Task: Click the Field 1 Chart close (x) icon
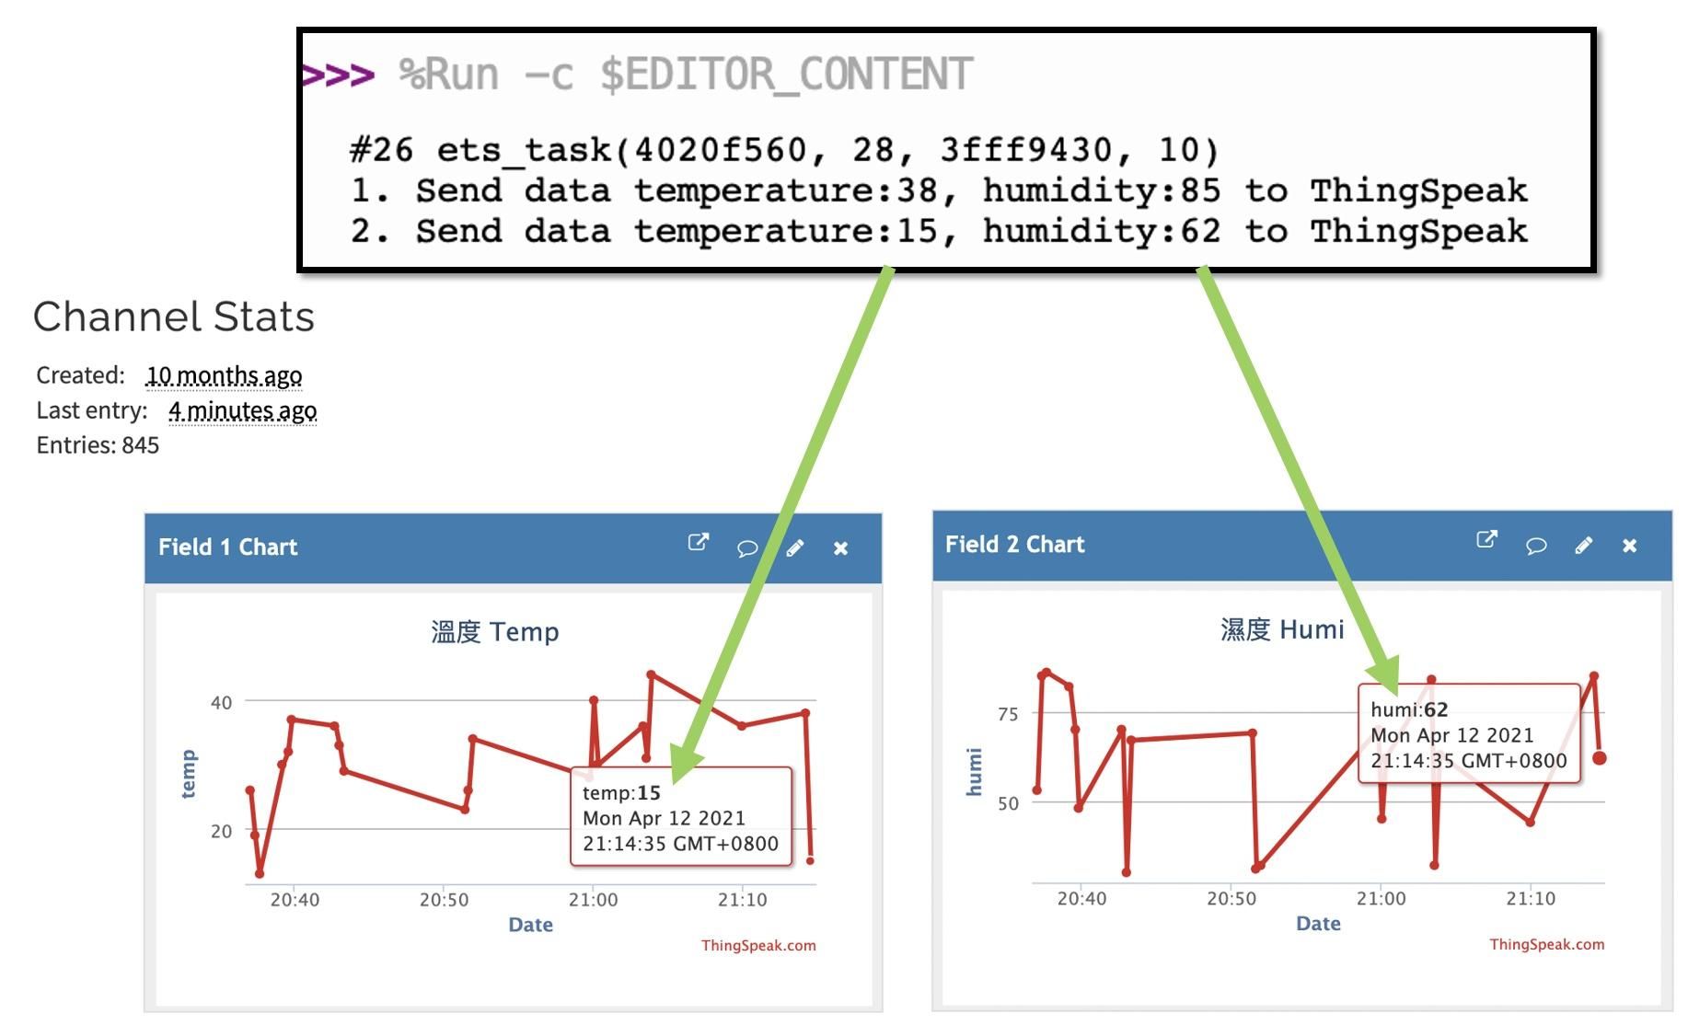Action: (840, 548)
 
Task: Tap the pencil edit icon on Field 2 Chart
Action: (1583, 546)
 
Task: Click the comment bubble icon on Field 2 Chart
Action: (1535, 546)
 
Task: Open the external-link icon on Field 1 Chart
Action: (699, 543)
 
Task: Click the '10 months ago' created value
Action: (224, 375)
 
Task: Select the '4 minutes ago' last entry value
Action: (242, 410)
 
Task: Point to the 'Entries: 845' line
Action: (98, 445)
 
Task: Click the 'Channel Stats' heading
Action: (174, 317)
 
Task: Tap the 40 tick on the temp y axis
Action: (221, 703)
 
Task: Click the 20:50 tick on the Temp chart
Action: (444, 900)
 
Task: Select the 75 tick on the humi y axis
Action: (1008, 714)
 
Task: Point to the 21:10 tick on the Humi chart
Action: (1531, 898)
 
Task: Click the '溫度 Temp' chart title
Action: (495, 632)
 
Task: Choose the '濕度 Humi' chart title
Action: (1282, 629)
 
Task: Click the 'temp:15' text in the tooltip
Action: (621, 792)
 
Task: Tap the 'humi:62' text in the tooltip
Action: (1409, 709)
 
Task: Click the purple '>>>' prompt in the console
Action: (338, 75)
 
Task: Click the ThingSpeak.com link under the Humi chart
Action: (1546, 944)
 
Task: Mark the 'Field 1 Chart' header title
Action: (228, 547)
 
